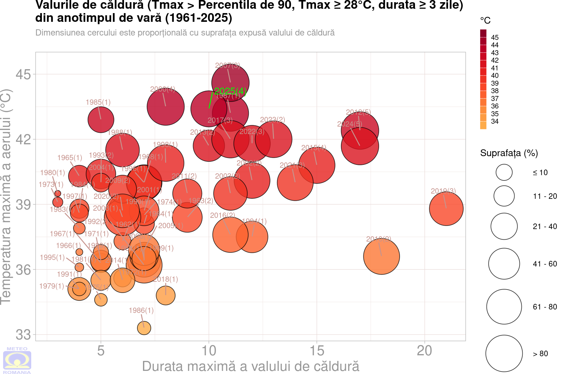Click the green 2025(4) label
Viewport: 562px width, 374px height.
tap(230, 91)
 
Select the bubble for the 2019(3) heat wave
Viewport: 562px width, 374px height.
tap(446, 209)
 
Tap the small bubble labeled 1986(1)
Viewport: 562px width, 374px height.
tap(144, 328)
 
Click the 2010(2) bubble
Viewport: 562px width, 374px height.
tap(381, 256)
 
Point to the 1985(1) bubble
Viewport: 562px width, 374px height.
tap(101, 119)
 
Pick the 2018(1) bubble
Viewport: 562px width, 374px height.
tap(165, 295)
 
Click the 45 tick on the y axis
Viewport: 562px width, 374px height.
tap(23, 74)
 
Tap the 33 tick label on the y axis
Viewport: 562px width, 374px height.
tap(23, 334)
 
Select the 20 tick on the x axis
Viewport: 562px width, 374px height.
tap(425, 351)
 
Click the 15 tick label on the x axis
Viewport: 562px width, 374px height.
tap(317, 351)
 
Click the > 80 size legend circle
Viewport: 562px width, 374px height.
tap(504, 353)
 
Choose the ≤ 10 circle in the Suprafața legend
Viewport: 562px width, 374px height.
tap(504, 172)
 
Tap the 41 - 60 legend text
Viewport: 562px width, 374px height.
tap(545, 264)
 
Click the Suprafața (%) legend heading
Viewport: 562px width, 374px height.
tap(509, 153)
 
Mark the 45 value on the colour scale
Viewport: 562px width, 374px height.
tap(495, 37)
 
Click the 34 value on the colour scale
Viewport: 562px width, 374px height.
tap(495, 121)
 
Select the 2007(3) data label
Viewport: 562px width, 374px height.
tap(228, 65)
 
